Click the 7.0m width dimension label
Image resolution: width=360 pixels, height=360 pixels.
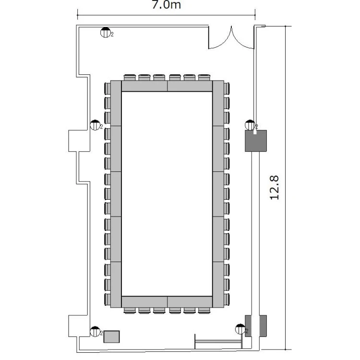click(x=166, y=5)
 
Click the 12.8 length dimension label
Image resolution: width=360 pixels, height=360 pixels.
click(x=275, y=188)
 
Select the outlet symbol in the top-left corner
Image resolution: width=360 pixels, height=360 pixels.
click(x=106, y=32)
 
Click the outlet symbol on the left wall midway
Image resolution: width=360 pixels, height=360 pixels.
click(x=95, y=125)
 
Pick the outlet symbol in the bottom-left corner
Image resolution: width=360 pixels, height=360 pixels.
click(x=95, y=332)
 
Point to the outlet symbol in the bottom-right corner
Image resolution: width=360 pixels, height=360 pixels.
click(x=240, y=329)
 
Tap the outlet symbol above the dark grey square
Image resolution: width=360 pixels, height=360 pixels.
click(x=250, y=125)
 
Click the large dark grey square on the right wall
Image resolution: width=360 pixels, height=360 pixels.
click(x=256, y=141)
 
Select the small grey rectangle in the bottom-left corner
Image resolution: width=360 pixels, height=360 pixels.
click(x=111, y=336)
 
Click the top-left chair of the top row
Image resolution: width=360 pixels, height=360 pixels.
click(x=130, y=77)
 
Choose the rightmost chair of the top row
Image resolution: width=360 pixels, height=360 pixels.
click(x=204, y=77)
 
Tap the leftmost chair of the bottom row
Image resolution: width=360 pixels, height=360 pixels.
click(x=130, y=311)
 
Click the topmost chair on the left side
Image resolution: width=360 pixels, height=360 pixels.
click(x=108, y=89)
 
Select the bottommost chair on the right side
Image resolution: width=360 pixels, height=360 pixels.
click(x=227, y=300)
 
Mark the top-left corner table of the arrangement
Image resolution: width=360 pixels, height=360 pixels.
click(x=116, y=103)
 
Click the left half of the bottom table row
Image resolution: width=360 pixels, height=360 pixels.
click(x=144, y=302)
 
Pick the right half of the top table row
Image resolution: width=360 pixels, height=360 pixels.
click(x=190, y=86)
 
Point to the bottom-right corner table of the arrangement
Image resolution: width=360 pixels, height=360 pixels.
click(x=218, y=285)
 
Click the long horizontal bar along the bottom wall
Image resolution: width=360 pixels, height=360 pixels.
click(x=218, y=342)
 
